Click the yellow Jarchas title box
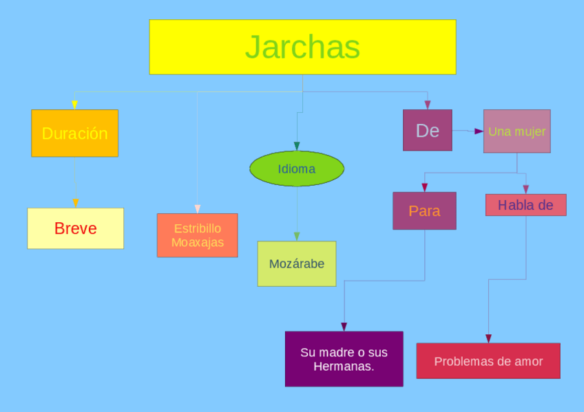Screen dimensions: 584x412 pyautogui.click(x=302, y=47)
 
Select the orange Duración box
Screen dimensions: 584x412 pyautogui.click(x=74, y=133)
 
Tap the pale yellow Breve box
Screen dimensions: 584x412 pyautogui.click(x=75, y=228)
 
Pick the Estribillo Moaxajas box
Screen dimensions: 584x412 pyautogui.click(x=197, y=235)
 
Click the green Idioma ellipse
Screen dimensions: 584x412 pyautogui.click(x=296, y=169)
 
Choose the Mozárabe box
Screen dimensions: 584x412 pyautogui.click(x=297, y=263)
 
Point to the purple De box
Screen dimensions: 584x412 pyautogui.click(x=427, y=130)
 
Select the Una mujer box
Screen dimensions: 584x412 pyautogui.click(x=517, y=131)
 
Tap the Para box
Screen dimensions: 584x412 pyautogui.click(x=424, y=210)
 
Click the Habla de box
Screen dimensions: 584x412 pyautogui.click(x=525, y=205)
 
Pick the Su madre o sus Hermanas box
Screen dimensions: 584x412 pyautogui.click(x=344, y=359)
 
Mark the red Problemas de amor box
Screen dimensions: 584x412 pyautogui.click(x=488, y=361)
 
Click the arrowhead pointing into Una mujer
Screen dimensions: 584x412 pyautogui.click(x=479, y=131)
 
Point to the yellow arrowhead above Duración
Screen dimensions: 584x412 pyautogui.click(x=74, y=105)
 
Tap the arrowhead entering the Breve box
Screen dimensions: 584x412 pyautogui.click(x=75, y=203)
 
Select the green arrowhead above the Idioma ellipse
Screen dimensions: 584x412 pyautogui.click(x=297, y=146)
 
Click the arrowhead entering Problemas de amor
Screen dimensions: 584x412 pyautogui.click(x=488, y=338)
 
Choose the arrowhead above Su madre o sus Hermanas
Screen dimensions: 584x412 pyautogui.click(x=344, y=327)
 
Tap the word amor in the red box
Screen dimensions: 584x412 pyautogui.click(x=529, y=361)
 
